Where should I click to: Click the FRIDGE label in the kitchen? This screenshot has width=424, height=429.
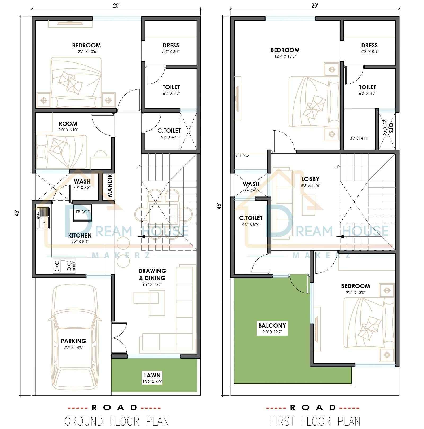click(83, 212)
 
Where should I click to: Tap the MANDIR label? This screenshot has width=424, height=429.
click(110, 185)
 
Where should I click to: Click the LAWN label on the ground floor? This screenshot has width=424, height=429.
click(152, 375)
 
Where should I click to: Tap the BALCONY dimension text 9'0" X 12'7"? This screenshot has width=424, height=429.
click(272, 332)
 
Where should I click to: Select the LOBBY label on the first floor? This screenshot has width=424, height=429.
click(310, 179)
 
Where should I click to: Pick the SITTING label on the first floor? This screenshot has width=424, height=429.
click(242, 155)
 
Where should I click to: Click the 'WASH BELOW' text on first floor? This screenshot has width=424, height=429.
click(251, 186)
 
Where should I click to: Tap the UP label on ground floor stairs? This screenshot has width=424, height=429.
click(138, 167)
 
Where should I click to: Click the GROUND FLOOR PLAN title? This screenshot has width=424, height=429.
click(117, 421)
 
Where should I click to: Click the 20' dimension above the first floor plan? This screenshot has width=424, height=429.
click(315, 6)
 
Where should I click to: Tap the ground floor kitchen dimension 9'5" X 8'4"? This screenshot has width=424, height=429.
click(80, 242)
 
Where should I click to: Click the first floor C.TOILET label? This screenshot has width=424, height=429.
click(251, 218)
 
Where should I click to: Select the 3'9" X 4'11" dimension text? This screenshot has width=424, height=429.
click(359, 138)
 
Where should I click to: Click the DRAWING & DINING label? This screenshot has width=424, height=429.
click(152, 274)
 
